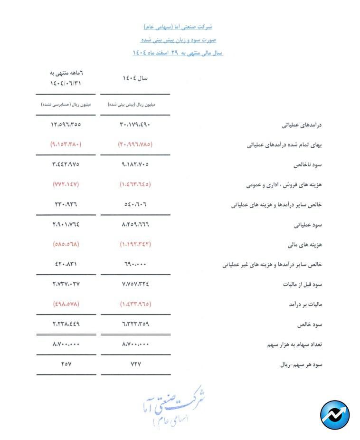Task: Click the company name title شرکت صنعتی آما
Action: pyautogui.click(x=177, y=27)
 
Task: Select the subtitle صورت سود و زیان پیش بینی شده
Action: pyautogui.click(x=177, y=40)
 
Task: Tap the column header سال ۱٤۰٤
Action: pyautogui.click(x=135, y=78)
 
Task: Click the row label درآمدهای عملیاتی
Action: pyautogui.click(x=302, y=125)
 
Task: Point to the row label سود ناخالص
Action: pyautogui.click(x=309, y=165)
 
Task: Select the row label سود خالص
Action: pyautogui.click(x=310, y=325)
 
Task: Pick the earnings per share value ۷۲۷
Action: pyautogui.click(x=135, y=364)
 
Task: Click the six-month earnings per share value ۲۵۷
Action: pyautogui.click(x=66, y=364)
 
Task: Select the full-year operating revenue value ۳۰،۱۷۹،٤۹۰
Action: pyautogui.click(x=135, y=125)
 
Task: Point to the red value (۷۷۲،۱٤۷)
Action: pyautogui.click(x=66, y=184)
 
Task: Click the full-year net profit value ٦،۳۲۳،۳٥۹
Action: pyautogui.click(x=135, y=324)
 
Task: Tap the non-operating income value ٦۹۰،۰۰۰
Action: pyautogui.click(x=135, y=264)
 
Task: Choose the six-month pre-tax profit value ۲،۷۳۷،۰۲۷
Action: pyautogui.click(x=66, y=284)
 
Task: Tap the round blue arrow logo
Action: pyautogui.click(x=335, y=414)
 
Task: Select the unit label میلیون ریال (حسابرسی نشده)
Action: pyautogui.click(x=66, y=105)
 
